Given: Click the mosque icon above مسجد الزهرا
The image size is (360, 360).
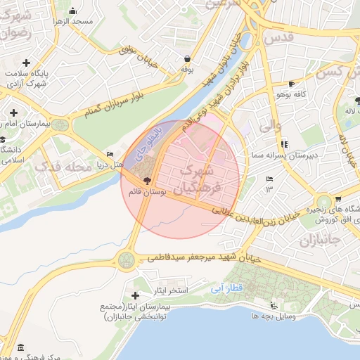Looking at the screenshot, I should pos(74,11).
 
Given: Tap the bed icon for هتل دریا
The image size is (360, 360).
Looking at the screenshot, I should pos(109,155).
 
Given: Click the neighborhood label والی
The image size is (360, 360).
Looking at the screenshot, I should pos(270,128).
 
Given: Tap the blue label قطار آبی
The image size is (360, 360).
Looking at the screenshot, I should pos(227,288).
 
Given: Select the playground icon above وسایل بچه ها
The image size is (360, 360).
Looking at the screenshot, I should pos(273,305).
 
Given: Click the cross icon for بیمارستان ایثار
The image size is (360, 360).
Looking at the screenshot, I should pos(136,296).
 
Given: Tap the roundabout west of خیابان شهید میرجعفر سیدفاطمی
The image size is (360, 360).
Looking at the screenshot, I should pos(127,260).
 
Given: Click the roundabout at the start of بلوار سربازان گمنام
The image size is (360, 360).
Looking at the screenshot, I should pos(60,125).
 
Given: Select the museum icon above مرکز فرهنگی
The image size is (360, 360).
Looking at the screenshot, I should pos(20,348).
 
